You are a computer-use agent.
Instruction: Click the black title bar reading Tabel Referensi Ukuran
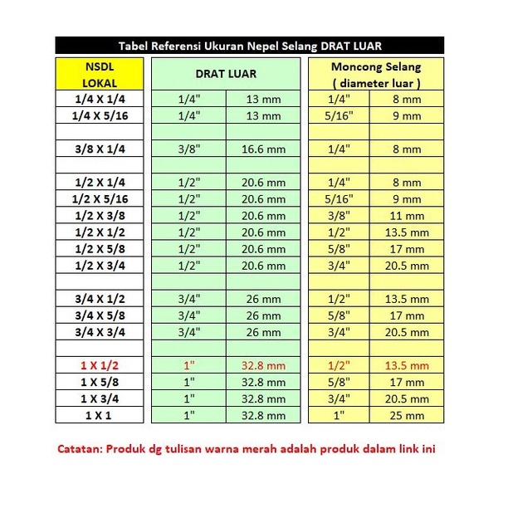pyautogui.click(x=249, y=46)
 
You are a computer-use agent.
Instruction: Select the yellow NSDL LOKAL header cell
pyautogui.click(x=100, y=74)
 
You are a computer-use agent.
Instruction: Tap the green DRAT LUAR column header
pyautogui.click(x=225, y=74)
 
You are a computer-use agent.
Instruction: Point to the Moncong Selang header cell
pyautogui.click(x=376, y=74)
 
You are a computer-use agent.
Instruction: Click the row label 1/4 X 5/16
pyautogui.click(x=100, y=115)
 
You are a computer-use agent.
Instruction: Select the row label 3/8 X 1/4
pyautogui.click(x=100, y=149)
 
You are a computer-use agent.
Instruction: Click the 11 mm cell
pyautogui.click(x=407, y=216)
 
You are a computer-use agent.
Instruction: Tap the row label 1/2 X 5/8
pyautogui.click(x=100, y=249)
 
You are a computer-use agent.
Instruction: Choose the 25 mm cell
pyautogui.click(x=407, y=415)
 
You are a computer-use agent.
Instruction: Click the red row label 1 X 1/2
pyautogui.click(x=100, y=365)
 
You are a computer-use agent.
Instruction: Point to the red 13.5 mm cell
pyautogui.click(x=407, y=365)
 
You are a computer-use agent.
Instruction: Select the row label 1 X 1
pyautogui.click(x=100, y=415)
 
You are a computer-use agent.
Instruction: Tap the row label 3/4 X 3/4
pyautogui.click(x=100, y=332)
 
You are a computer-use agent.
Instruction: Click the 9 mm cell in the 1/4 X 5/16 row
pyautogui.click(x=407, y=115)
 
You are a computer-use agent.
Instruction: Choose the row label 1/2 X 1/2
pyautogui.click(x=100, y=232)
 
